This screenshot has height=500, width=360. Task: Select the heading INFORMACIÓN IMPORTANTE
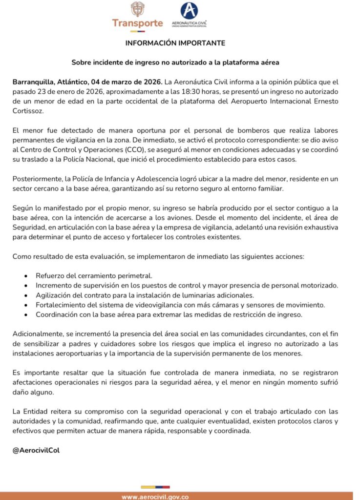pos(175,43)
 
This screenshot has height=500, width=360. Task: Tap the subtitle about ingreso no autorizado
pos(175,62)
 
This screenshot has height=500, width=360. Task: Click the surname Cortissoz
pos(29,111)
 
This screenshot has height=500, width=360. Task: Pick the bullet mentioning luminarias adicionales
pos(145,295)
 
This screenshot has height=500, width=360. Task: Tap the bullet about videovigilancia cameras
pos(180,305)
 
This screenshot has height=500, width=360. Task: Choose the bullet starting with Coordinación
pos(169,314)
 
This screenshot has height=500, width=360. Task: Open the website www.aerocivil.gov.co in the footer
pos(155,496)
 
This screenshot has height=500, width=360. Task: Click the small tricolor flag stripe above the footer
pos(155,486)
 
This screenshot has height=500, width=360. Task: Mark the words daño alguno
pos(32,392)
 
